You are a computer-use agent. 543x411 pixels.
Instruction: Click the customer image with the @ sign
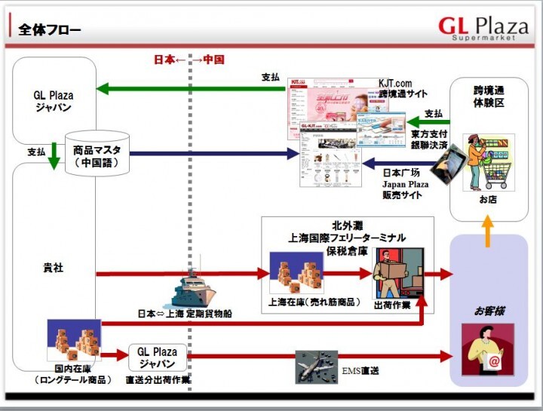[487, 349]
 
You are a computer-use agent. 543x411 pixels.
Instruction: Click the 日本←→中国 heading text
[189, 60]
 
